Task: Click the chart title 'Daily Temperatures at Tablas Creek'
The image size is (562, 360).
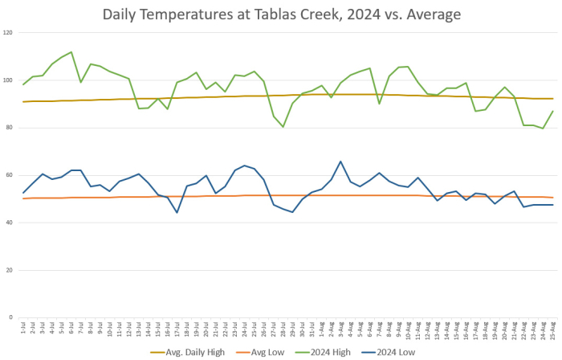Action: [x=281, y=14]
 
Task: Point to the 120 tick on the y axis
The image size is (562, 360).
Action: [x=9, y=33]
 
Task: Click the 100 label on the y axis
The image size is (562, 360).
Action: [x=9, y=80]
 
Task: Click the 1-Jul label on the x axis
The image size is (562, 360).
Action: [x=23, y=329]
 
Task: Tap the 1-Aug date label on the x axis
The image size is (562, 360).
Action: [x=321, y=329]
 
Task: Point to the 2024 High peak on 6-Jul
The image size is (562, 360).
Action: [x=71, y=52]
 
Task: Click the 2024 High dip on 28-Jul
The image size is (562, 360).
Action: [x=283, y=126]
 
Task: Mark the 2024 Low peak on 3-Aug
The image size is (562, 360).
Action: [x=340, y=162]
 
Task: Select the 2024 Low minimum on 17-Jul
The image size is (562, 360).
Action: [x=177, y=212]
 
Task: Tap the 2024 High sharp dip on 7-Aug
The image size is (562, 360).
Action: [x=379, y=103]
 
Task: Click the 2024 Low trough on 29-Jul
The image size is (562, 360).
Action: [x=292, y=212]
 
